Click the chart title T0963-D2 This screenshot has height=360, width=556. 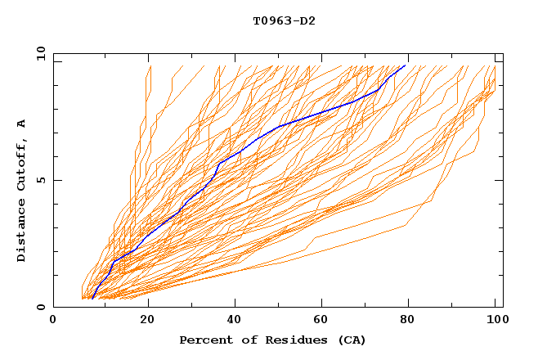pyautogui.click(x=284, y=20)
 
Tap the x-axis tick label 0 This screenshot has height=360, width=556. pyautogui.click(x=53, y=321)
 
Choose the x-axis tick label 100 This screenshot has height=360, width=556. pyautogui.click(x=495, y=321)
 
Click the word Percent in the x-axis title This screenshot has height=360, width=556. pyautogui.click(x=203, y=340)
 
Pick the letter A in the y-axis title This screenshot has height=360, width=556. pyautogui.click(x=22, y=124)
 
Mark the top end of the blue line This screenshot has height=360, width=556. pyautogui.click(x=405, y=65)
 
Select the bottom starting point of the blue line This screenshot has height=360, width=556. pyautogui.click(x=93, y=298)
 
